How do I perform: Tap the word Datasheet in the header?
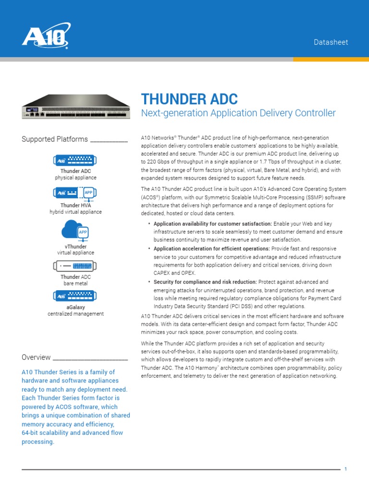[331, 42]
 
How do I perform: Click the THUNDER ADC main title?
[189, 99]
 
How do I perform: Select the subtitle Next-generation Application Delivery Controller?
[238, 113]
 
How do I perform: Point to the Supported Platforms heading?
[55, 139]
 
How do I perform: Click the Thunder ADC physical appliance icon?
[75, 160]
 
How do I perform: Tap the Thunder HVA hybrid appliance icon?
[75, 193]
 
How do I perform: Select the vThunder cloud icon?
[75, 230]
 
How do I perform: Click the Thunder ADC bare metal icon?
[75, 266]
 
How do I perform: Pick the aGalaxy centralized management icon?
[75, 296]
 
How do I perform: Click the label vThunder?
[75, 246]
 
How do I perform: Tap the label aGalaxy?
[75, 307]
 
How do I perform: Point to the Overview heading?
[36, 357]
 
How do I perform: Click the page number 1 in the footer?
[345, 469]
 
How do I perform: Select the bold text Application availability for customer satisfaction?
[212, 224]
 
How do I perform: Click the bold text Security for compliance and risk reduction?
[205, 282]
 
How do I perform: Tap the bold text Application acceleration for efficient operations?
[211, 249]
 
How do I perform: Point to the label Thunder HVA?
[75, 205]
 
